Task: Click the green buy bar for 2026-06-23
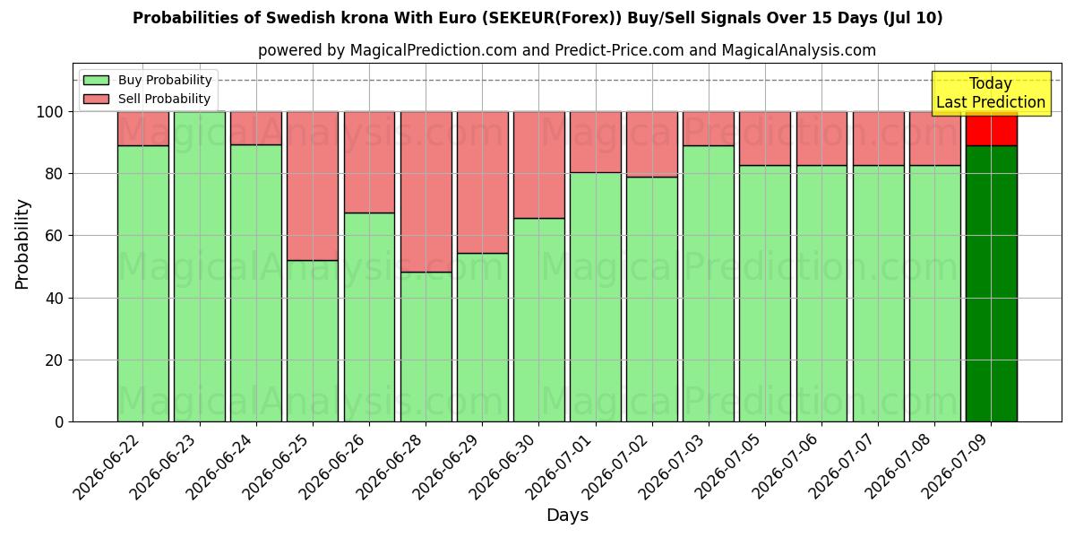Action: tap(200, 266)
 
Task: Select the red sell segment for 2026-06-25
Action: tap(313, 186)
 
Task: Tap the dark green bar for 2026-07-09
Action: tap(992, 283)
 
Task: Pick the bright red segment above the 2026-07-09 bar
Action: tap(992, 129)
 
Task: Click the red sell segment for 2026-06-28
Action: tap(426, 192)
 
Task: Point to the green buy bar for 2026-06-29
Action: tap(482, 337)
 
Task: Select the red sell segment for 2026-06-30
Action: tap(539, 165)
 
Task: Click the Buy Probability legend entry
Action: tap(147, 80)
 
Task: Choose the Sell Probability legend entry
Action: tap(147, 99)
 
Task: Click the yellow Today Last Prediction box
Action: tap(992, 93)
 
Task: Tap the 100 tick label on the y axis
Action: tap(50, 112)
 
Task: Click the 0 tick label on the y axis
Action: tap(59, 422)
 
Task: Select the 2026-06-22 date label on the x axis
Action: tap(107, 467)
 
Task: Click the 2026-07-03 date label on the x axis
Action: tap(673, 467)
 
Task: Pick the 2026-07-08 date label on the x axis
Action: tap(899, 467)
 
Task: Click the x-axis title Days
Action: tap(567, 515)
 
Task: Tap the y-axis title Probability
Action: tap(22, 245)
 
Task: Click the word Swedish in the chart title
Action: tap(293, 18)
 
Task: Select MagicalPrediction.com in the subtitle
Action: tap(434, 50)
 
